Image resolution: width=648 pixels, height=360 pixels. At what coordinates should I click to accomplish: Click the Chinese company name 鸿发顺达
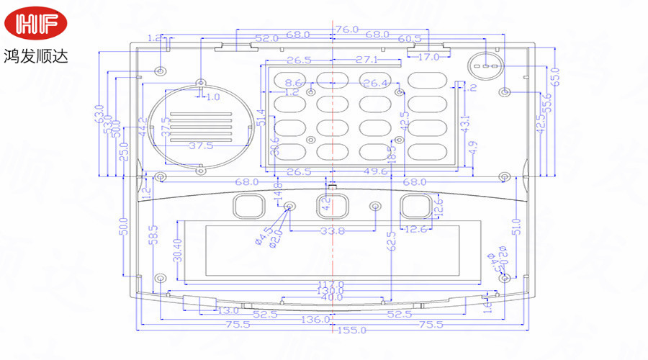[x=36, y=55]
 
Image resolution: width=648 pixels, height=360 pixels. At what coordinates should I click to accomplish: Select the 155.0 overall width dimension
[x=353, y=330]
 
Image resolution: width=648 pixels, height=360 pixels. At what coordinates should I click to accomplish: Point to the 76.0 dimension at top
[x=346, y=30]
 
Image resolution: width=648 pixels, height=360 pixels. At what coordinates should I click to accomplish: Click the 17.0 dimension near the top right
[x=428, y=57]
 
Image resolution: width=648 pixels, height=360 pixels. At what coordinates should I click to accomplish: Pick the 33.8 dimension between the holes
[x=332, y=231]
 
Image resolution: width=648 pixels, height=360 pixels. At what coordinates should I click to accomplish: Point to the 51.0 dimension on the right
[x=514, y=227]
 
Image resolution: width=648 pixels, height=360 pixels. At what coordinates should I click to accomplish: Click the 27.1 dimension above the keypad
[x=366, y=59]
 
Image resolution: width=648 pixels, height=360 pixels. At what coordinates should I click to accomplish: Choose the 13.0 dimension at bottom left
[x=228, y=310]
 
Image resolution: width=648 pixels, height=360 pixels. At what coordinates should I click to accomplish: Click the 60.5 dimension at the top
[x=409, y=38]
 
